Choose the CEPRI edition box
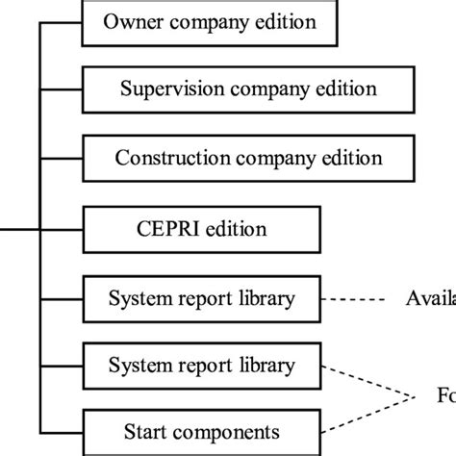[202, 229]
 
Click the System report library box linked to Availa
[202, 298]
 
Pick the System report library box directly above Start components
[202, 365]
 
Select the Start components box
[202, 430]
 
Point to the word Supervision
[160, 89]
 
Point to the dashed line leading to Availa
[355, 298]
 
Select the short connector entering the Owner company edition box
[63, 21]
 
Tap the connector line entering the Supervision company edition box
[63, 89]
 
